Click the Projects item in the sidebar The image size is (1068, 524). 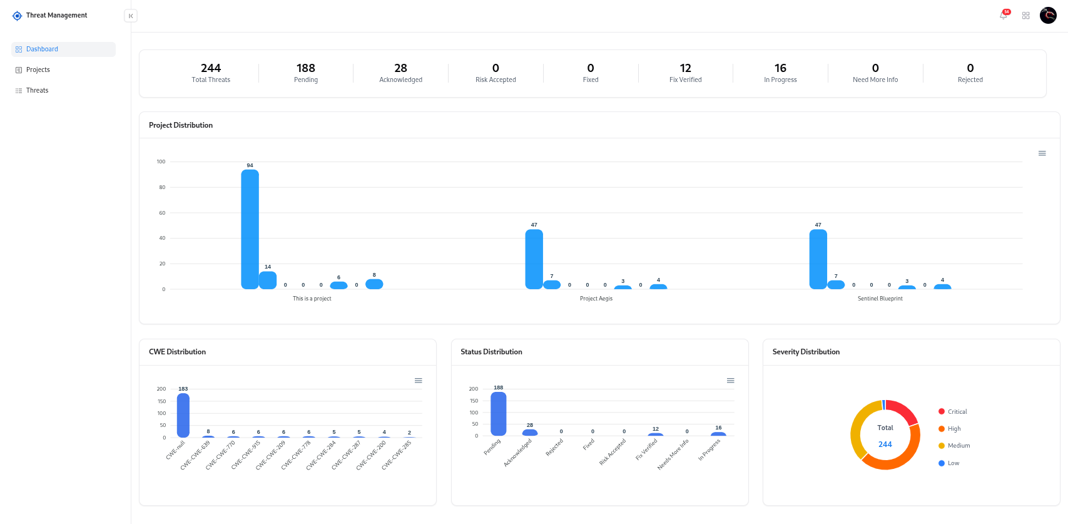[38, 70]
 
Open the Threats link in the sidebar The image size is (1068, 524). [37, 91]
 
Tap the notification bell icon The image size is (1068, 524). [1004, 16]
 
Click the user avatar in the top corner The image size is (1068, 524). [1048, 16]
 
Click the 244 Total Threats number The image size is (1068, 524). [211, 68]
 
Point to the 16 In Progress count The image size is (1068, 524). [780, 68]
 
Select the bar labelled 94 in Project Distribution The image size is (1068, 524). [250, 229]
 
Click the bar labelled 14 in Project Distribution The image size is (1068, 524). [268, 280]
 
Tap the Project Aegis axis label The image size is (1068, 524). [596, 299]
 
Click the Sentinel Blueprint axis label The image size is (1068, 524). [880, 299]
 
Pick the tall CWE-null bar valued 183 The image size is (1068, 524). [183, 414]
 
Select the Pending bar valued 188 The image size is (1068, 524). [499, 413]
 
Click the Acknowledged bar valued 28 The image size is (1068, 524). [530, 433]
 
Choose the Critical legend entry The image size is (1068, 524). [957, 412]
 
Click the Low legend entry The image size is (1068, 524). [953, 463]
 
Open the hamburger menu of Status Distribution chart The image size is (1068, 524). [730, 381]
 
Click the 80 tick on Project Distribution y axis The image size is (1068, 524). [162, 187]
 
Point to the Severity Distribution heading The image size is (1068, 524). [806, 352]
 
